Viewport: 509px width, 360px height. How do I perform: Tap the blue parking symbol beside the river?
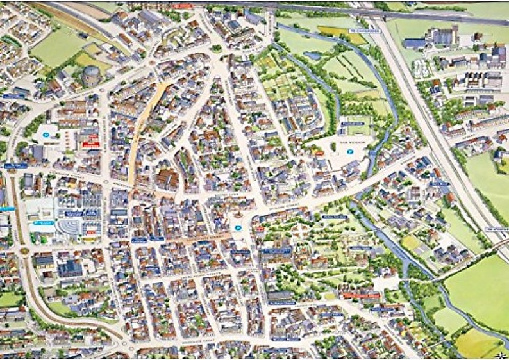(x=350, y=152)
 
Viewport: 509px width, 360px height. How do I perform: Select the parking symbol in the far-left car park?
(x=46, y=135)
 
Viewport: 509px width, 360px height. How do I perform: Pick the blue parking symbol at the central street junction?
(x=238, y=227)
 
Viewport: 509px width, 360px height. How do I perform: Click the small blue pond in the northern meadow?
(x=313, y=56)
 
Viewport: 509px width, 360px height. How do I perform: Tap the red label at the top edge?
(x=183, y=6)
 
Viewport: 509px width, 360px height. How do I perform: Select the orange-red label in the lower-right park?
(x=360, y=295)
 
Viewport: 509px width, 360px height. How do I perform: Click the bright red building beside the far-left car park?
(x=90, y=142)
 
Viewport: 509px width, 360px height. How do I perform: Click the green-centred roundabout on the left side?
(x=24, y=251)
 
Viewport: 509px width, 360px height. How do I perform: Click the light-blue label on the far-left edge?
(x=7, y=208)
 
